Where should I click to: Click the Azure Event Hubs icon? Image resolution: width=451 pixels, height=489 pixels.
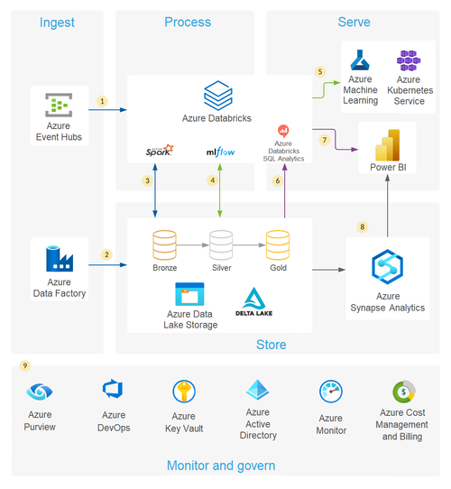pyautogui.click(x=59, y=106)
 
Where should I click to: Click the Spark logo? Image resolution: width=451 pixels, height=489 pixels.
pyautogui.click(x=159, y=152)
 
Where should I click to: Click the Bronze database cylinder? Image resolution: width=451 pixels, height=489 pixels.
pyautogui.click(x=164, y=244)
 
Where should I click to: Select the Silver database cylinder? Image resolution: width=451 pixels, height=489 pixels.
pyautogui.click(x=221, y=244)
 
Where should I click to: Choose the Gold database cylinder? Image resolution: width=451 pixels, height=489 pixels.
pyautogui.click(x=277, y=244)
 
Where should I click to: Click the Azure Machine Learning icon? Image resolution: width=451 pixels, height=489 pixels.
pyautogui.click(x=361, y=63)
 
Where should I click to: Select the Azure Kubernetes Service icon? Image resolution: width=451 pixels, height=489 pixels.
pyautogui.click(x=410, y=63)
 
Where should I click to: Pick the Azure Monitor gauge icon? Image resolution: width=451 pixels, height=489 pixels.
pyautogui.click(x=331, y=392)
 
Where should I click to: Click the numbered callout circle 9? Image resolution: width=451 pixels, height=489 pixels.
pyautogui.click(x=25, y=366)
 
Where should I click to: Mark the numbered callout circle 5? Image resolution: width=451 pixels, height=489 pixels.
pyautogui.click(x=318, y=71)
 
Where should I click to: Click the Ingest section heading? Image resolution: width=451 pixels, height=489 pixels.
pyautogui.click(x=58, y=23)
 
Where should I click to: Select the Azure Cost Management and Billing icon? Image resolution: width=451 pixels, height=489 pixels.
pyautogui.click(x=403, y=392)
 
